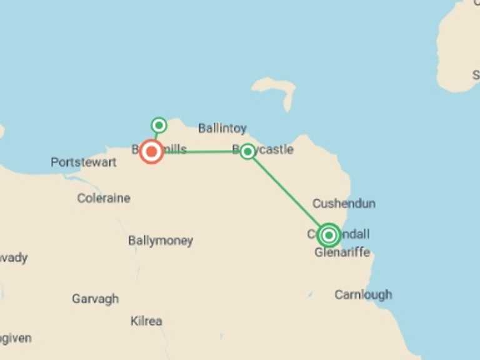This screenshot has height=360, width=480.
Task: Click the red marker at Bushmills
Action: [151, 152]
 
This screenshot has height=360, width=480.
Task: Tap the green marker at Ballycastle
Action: [247, 151]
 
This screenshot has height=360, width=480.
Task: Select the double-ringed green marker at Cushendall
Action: [329, 235]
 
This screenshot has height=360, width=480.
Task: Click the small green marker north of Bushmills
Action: [159, 125]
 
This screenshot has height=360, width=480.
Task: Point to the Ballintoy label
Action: [222, 129]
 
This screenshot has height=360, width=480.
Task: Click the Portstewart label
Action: [83, 162]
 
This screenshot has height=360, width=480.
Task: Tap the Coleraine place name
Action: [104, 198]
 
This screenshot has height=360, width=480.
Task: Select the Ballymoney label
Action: [161, 241]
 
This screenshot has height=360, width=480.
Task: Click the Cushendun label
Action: [344, 204]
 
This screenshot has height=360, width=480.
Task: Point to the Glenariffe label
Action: [342, 252]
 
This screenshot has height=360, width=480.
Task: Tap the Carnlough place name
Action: [363, 294]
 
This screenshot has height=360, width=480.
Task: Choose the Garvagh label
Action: [95, 299]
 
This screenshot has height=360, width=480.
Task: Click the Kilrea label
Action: [146, 321]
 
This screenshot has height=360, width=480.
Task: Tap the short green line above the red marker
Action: [156, 135]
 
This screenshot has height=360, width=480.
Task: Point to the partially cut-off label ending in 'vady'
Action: [14, 257]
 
